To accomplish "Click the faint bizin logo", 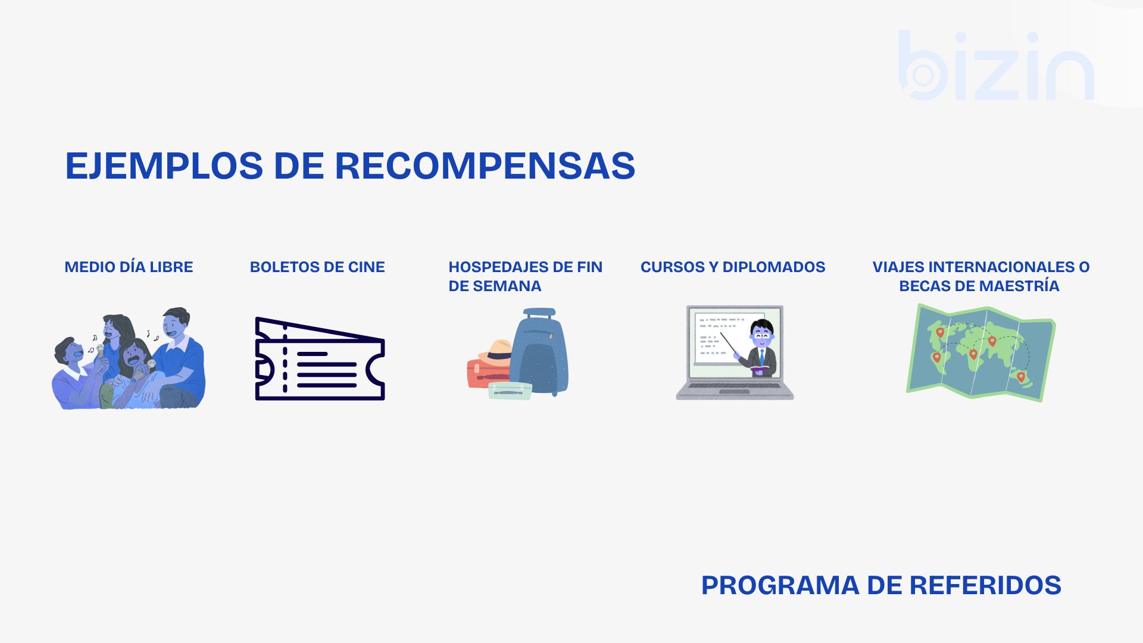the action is [x=996, y=65].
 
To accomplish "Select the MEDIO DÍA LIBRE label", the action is [x=129, y=267].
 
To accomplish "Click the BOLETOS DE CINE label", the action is [x=317, y=267].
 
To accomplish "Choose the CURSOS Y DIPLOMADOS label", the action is [x=733, y=267].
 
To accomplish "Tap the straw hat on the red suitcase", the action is [x=496, y=352].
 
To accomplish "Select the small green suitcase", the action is [x=510, y=391].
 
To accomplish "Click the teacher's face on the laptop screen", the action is [x=761, y=336].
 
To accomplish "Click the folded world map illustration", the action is [x=980, y=352].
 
